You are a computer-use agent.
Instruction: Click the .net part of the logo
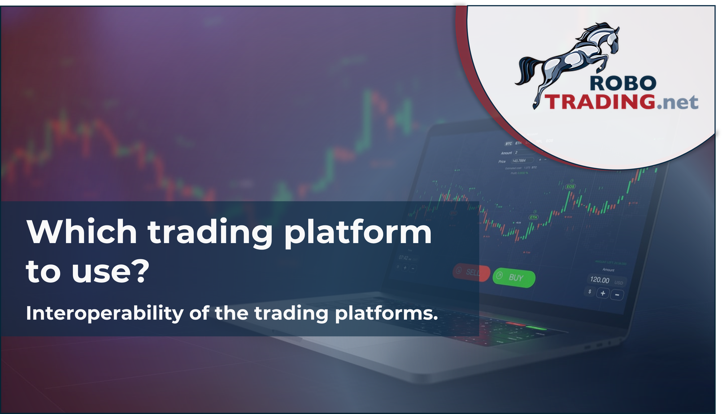677,103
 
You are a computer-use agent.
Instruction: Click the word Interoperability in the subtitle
105,313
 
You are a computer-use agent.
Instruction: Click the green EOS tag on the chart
570,186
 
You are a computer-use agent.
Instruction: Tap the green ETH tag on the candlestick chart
533,217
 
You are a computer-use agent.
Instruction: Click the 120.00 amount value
599,280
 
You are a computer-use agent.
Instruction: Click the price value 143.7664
519,161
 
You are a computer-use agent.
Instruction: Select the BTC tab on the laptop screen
508,144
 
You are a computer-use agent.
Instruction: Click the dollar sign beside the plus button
590,291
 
